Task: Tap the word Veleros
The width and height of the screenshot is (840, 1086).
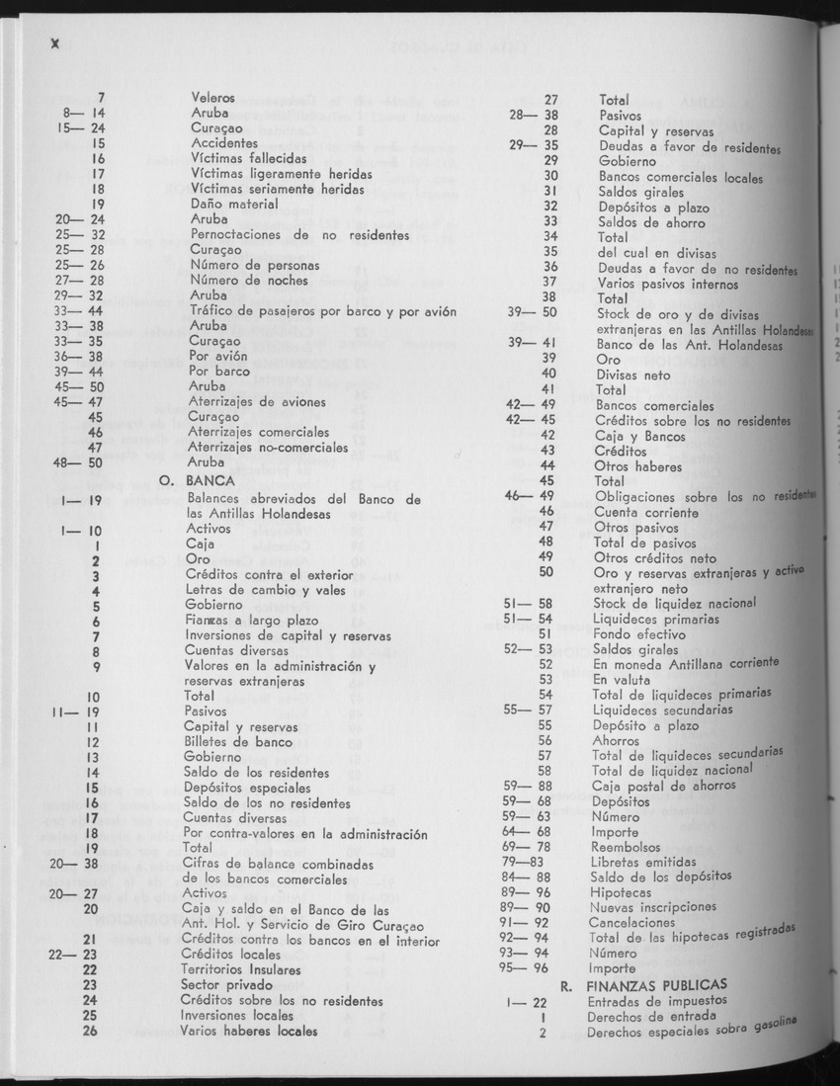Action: pos(212,99)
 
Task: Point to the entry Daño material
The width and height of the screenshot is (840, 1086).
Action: pos(234,204)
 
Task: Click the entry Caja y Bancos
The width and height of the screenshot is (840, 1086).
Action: pos(638,436)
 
